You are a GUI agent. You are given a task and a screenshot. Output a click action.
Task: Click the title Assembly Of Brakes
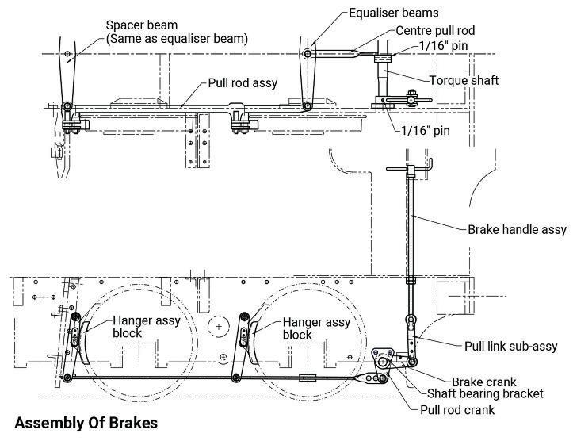[86, 423]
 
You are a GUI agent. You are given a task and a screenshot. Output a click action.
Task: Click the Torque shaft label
[464, 80]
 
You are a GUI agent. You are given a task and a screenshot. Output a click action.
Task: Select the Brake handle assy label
[517, 230]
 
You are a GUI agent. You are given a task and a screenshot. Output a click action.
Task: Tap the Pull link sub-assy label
[511, 346]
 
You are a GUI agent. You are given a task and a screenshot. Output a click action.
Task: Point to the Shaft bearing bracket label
[485, 393]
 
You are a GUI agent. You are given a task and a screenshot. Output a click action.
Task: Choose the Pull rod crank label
[457, 409]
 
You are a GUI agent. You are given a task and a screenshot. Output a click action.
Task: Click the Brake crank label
[483, 382]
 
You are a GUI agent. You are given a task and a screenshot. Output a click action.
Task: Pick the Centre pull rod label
[435, 30]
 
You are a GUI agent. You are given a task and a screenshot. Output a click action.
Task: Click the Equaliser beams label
[394, 13]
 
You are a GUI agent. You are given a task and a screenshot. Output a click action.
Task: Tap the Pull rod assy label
[243, 83]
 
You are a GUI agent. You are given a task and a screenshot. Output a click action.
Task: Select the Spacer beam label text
[142, 25]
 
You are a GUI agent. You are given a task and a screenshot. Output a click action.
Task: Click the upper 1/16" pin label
[443, 46]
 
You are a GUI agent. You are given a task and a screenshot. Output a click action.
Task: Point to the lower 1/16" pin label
[426, 131]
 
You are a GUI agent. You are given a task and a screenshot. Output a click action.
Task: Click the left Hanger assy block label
[147, 327]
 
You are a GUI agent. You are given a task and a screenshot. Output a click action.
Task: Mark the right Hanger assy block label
[316, 328]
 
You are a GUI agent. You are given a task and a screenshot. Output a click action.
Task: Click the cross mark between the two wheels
[219, 327]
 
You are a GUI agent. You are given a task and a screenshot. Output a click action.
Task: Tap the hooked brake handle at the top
[410, 169]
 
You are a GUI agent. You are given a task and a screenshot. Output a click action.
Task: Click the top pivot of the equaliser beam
[308, 54]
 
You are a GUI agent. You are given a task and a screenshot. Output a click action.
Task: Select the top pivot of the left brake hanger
[75, 317]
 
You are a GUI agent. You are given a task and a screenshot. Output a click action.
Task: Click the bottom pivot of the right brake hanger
[236, 378]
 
